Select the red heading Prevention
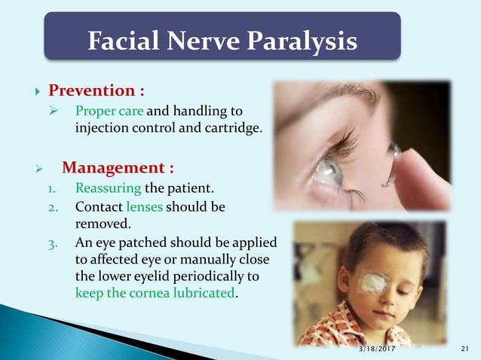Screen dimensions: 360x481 [97, 91]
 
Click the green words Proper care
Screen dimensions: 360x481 [103, 111]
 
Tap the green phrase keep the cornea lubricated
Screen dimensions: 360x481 [155, 292]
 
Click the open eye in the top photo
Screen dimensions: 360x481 [329, 175]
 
